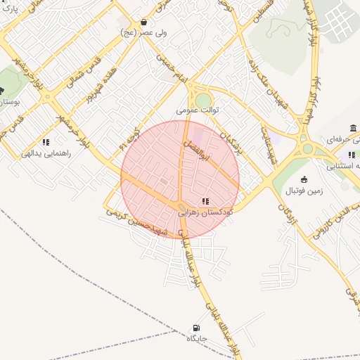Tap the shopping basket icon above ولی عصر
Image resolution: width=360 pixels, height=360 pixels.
pyautogui.click(x=144, y=22)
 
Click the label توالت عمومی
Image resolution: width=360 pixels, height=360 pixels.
pyautogui.click(x=198, y=111)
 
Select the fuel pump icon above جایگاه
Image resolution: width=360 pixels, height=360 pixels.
pyautogui.click(x=195, y=328)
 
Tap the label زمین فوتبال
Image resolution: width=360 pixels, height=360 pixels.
pyautogui.click(x=304, y=191)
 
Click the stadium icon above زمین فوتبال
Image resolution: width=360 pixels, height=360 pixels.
pyautogui.click(x=304, y=179)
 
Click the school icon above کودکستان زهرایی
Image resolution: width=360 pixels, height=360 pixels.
pyautogui.click(x=205, y=201)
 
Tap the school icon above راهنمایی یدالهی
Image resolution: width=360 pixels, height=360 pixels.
pyautogui.click(x=46, y=141)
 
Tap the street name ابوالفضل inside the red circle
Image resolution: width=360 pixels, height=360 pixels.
pyautogui.click(x=207, y=153)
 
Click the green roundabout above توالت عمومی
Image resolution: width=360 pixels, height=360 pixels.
pyautogui.click(x=203, y=101)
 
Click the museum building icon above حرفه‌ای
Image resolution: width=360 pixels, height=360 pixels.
pyautogui.click(x=352, y=128)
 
